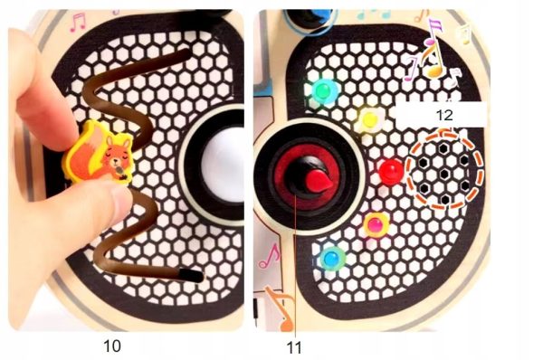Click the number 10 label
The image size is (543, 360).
point(112,346)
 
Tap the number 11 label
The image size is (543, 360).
point(294,347)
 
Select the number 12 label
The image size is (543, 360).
point(444,115)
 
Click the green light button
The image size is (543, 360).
point(324,90)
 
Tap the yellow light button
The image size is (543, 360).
point(370,119)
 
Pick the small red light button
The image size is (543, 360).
point(391,171)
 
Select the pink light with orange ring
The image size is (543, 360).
point(376,225)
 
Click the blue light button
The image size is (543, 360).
point(332,258)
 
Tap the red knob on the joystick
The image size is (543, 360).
point(319,181)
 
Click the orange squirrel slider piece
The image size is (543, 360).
point(99,152)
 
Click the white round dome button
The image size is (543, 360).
point(223,164)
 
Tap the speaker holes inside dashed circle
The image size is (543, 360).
point(444,170)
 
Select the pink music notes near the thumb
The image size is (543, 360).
point(78,22)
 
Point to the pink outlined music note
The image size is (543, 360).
point(270,256)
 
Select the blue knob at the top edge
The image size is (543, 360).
point(320,15)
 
